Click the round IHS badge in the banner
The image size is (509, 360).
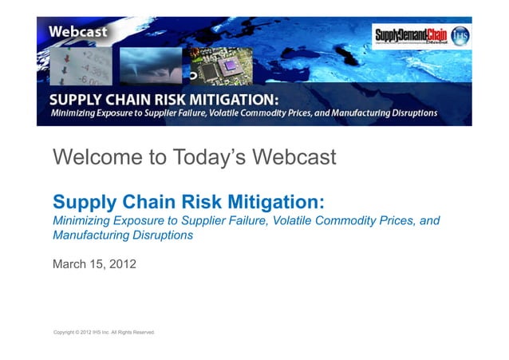pos(460,35)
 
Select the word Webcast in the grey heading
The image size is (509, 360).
pos(294,157)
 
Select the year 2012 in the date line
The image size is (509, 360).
pos(122,263)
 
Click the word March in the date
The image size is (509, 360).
pos(69,263)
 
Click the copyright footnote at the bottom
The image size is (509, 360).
pos(103,330)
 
